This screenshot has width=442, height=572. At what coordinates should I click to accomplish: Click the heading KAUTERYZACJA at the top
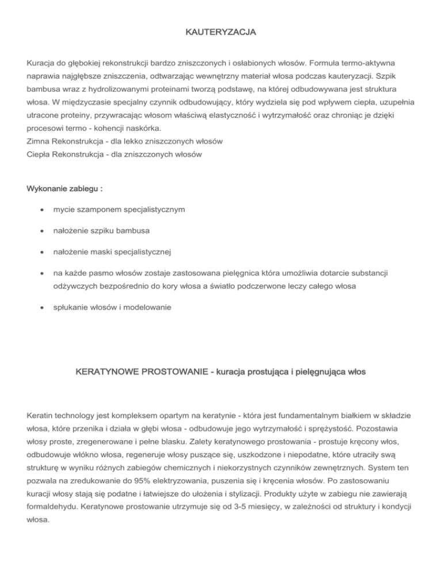click(x=220, y=34)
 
